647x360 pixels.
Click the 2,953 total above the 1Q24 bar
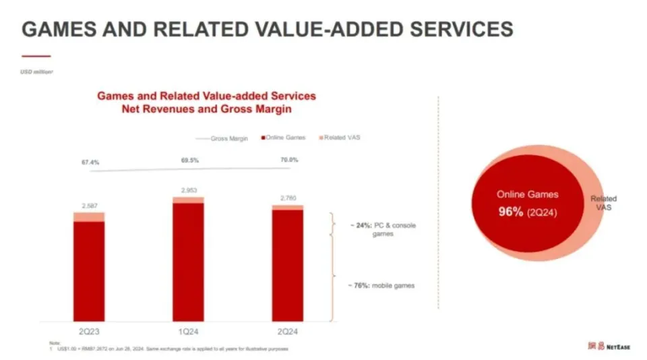(188, 190)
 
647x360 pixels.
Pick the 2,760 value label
(288, 198)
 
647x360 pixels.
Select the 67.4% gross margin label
(91, 162)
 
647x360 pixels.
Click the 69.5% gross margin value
(189, 160)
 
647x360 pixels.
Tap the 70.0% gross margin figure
(288, 160)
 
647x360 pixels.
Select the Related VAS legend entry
(342, 138)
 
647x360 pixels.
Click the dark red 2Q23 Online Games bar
(88, 270)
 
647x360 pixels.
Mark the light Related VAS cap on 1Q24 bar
(188, 200)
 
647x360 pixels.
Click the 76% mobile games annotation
(381, 286)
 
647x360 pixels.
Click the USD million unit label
(36, 71)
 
